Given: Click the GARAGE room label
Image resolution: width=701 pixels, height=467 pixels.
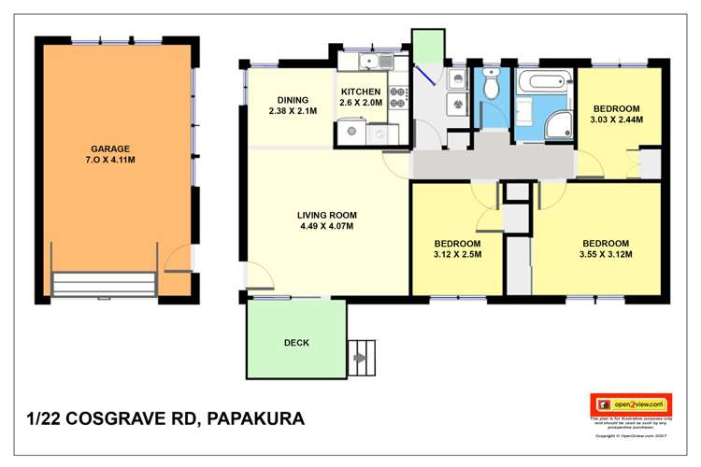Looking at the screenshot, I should click(109, 149).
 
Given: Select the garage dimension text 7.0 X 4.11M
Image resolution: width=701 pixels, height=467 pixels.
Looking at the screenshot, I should click(109, 160).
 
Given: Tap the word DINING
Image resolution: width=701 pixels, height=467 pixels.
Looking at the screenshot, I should click(293, 100).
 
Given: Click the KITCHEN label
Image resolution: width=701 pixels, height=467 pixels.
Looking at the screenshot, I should click(360, 92).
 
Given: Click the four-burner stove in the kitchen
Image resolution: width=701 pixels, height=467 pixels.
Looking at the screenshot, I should click(398, 92).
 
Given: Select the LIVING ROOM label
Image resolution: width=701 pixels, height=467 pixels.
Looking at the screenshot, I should click(326, 214).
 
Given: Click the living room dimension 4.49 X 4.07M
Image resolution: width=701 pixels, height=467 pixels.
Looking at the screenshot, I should click(326, 226).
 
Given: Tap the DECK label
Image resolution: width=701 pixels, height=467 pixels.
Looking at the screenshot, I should click(296, 343).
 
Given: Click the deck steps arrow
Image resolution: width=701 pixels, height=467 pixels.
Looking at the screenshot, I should click(359, 356).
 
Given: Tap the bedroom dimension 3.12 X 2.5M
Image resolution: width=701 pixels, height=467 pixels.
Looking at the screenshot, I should click(456, 254).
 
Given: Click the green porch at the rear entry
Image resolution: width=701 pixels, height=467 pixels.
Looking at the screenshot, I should click(428, 46).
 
